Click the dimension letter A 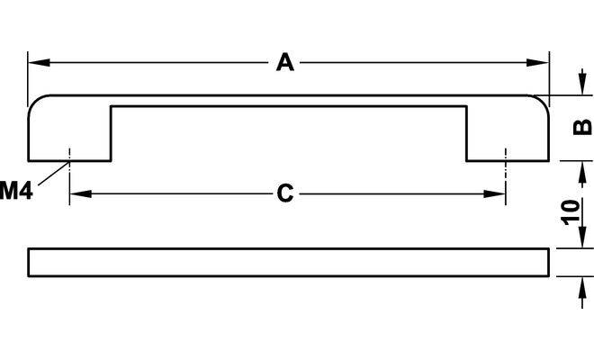(285, 62)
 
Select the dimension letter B (582, 126)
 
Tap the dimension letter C (285, 193)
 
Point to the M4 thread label (16, 190)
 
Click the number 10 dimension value (570, 212)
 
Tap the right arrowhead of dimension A (542, 62)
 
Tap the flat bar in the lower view (288, 262)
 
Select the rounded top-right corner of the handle (538, 103)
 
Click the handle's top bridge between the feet (288, 101)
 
